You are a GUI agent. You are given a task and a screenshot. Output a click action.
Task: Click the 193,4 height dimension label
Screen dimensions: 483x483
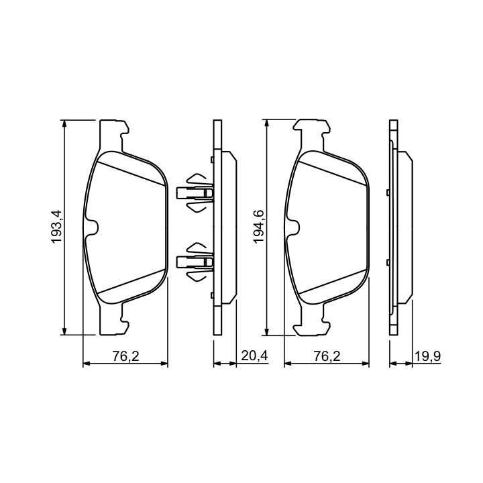tap(57, 227)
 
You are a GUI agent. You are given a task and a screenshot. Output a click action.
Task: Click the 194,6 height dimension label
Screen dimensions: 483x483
tap(259, 227)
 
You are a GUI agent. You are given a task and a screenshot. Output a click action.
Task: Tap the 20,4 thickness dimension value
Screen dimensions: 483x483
tap(255, 356)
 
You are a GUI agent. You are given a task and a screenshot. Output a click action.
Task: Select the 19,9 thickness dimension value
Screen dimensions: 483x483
tap(428, 356)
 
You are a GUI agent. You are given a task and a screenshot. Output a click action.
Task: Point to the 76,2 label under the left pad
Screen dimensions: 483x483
tap(125, 356)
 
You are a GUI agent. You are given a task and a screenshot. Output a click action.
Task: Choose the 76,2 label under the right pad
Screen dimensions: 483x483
tap(327, 356)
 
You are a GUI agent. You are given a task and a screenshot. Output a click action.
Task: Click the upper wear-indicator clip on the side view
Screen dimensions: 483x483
tap(195, 193)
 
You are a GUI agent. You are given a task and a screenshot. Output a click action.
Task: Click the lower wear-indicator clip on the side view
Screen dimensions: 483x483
tap(195, 262)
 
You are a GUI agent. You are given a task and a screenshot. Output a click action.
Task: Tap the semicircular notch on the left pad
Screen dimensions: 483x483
tap(93, 227)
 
